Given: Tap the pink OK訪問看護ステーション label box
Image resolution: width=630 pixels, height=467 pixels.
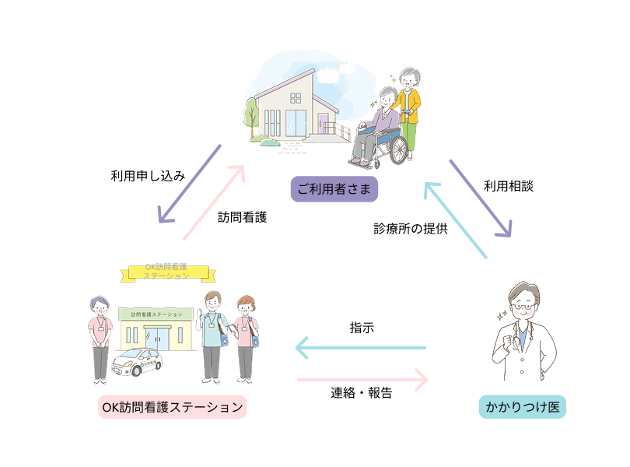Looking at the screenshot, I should pyautogui.click(x=172, y=407).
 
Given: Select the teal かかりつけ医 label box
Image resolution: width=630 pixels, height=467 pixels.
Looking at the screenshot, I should pyautogui.click(x=522, y=407).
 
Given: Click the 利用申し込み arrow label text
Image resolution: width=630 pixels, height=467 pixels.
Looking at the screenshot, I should pyautogui.click(x=149, y=176).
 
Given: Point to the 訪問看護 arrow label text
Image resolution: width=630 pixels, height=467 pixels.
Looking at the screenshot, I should pyautogui.click(x=242, y=218).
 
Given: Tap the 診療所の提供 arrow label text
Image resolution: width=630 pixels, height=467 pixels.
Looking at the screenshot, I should pyautogui.click(x=410, y=229).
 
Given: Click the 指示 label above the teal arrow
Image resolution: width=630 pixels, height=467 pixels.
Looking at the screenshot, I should pyautogui.click(x=362, y=328).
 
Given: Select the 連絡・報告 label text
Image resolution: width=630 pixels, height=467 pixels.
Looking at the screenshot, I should pyautogui.click(x=362, y=393).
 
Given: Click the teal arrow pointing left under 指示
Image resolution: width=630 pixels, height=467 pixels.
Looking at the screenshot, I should pyautogui.click(x=362, y=348).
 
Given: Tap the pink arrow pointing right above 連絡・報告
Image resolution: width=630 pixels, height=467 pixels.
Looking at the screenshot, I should pyautogui.click(x=362, y=380).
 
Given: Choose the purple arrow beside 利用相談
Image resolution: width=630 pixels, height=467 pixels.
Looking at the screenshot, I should pyautogui.click(x=480, y=198).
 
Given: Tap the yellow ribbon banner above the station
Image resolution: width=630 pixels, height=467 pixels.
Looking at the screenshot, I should pyautogui.click(x=167, y=272).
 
